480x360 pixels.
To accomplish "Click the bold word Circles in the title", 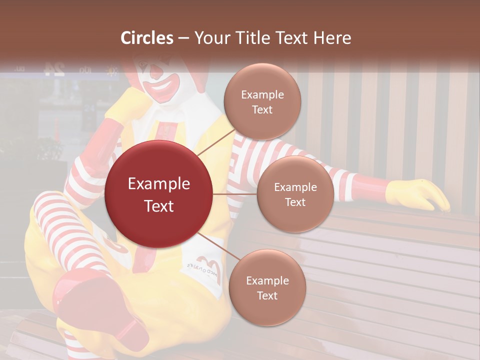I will point(147,38).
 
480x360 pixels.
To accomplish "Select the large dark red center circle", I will point(159,194).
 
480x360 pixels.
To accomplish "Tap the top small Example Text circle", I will point(262,101).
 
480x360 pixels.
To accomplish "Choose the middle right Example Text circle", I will point(295,194).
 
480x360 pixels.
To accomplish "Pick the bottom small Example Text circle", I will point(267,287).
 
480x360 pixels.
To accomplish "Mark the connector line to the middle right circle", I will point(235,194).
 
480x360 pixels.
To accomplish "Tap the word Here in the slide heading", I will point(332,38).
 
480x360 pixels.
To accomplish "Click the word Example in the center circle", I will point(159,184).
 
